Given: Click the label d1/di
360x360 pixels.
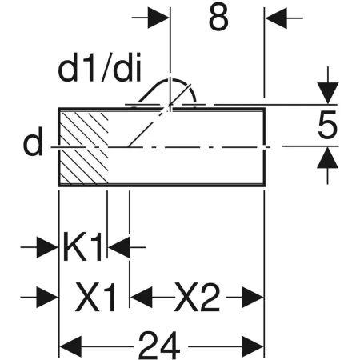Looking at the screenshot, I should [100, 71].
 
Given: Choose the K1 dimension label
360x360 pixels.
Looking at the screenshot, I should [83, 248].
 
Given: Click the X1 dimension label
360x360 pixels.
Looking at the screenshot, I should [95, 298].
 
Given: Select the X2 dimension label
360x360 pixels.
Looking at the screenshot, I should [197, 298].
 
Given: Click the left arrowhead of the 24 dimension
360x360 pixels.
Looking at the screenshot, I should [69, 346].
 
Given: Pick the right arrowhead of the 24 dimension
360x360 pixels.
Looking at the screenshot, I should [254, 346].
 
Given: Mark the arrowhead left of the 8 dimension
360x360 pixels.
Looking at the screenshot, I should [161, 15].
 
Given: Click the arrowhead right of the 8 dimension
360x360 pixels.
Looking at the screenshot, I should [275, 15].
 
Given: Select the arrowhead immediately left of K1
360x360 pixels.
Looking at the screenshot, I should [50, 248].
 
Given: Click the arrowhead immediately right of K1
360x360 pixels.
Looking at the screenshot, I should [117, 248].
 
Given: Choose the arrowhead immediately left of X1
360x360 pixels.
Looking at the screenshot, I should [50, 298].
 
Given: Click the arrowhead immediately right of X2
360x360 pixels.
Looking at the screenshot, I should [254, 298].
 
